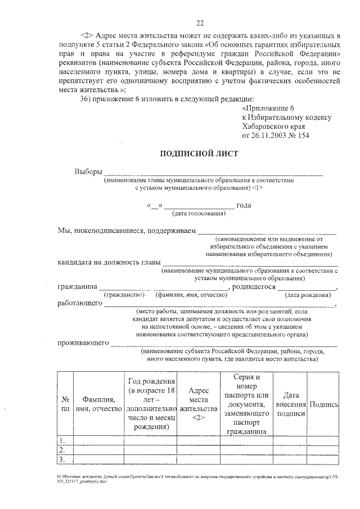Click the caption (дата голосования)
point(199,214)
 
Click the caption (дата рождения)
point(307,295)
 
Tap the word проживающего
point(83,343)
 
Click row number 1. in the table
point(64,440)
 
